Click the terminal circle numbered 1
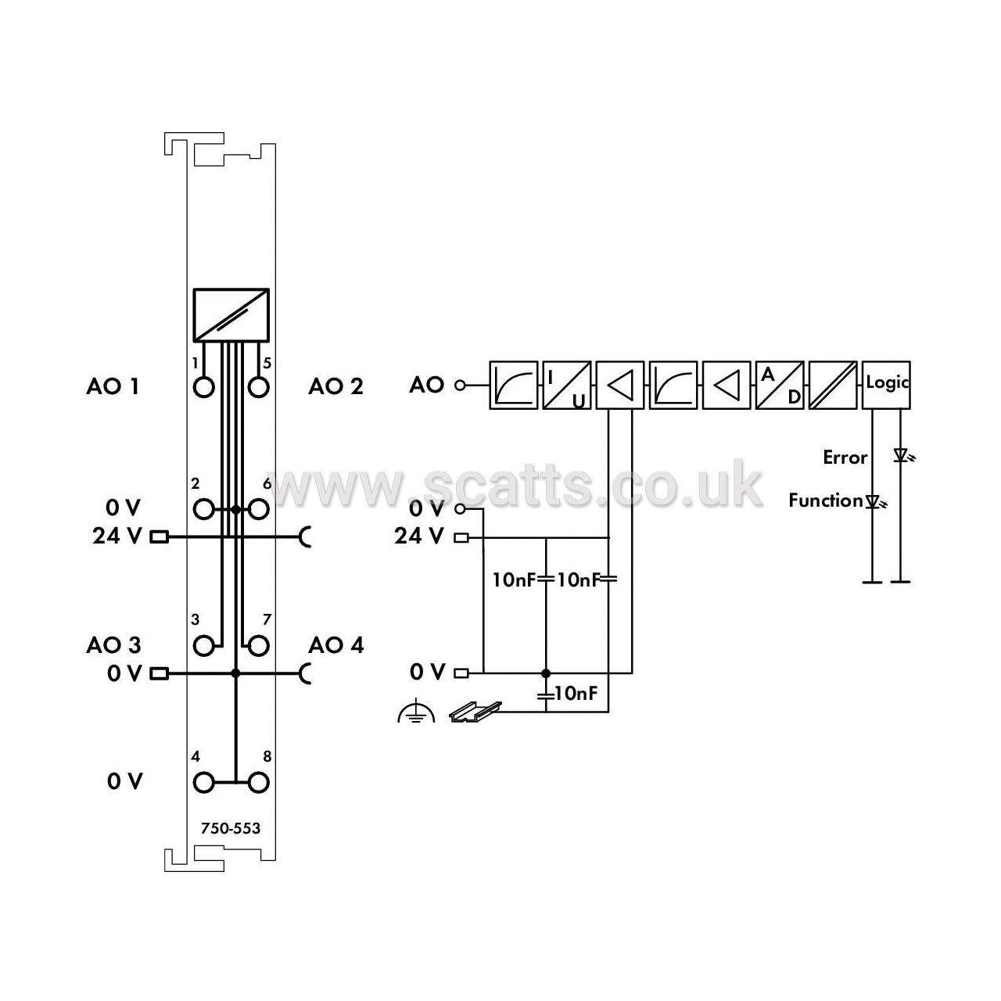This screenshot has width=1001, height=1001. coord(203,388)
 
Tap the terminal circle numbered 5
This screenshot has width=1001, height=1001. coord(258,388)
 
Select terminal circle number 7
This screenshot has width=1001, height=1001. coord(258,646)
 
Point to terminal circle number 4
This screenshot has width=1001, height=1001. coord(203,782)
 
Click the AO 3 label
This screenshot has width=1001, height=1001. coord(113,645)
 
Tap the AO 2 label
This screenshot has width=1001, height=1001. coord(335,386)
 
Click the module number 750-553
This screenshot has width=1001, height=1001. coord(231,828)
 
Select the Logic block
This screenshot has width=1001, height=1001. coord(886,385)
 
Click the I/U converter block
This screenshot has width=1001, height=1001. coord(567,385)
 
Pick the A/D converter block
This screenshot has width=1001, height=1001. coord(780,385)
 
